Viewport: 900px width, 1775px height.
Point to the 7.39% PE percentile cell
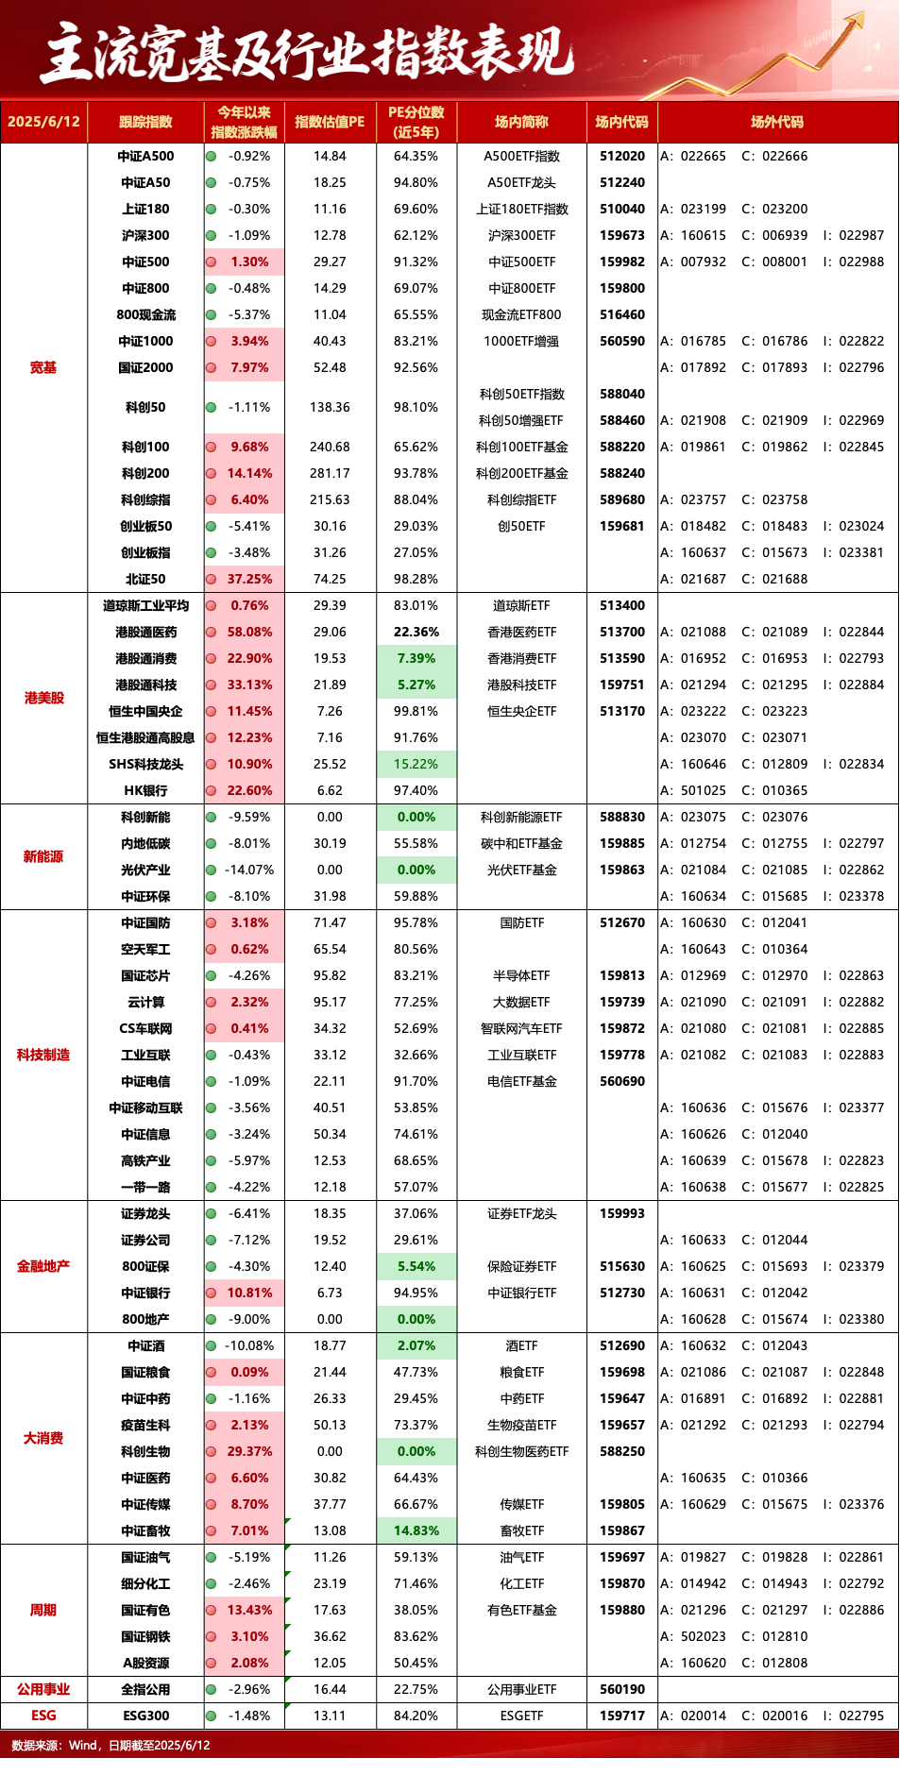click(416, 658)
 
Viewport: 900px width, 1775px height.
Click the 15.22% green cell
click(416, 764)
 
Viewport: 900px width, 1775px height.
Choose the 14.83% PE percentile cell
click(416, 1530)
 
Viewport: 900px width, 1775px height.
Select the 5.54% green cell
click(416, 1266)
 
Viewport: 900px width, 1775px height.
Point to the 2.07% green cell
click(416, 1345)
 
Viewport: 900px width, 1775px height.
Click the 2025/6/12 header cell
click(43, 122)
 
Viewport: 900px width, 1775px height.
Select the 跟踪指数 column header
click(145, 122)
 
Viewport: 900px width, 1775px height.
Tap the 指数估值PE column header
click(330, 122)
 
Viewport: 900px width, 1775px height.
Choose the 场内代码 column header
click(621, 122)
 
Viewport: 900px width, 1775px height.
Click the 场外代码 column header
click(777, 122)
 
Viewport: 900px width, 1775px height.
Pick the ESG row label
click(43, 1716)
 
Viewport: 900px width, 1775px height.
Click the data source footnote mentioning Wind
click(110, 1745)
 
